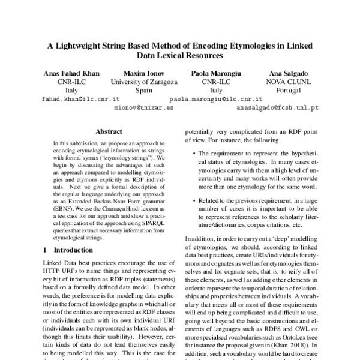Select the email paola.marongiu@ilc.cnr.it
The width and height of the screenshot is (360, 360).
click(216, 98)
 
